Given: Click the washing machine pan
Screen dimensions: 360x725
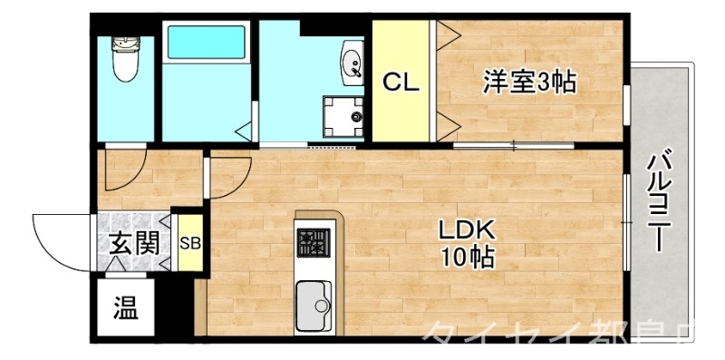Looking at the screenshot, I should point(344,114).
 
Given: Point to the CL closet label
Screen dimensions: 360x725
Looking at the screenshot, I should point(400,83).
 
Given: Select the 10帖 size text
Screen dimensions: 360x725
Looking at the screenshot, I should point(468,257).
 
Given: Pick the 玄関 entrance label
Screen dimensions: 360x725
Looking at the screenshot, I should point(134,243).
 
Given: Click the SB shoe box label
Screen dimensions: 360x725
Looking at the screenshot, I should point(189,243).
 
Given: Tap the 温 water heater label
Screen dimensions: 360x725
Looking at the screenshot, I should point(126,309).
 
